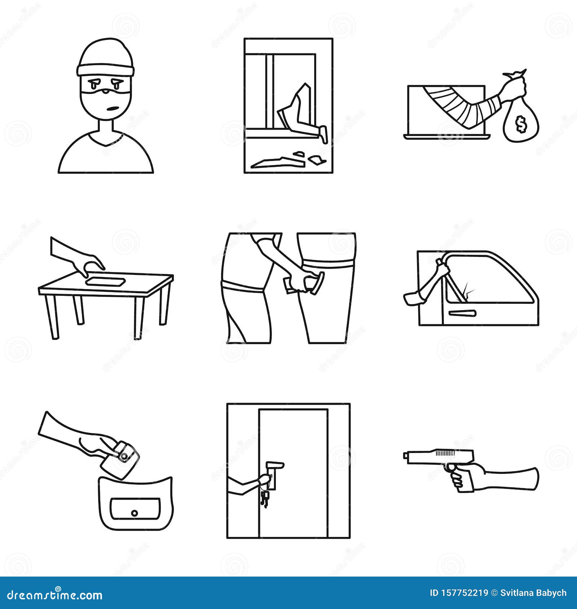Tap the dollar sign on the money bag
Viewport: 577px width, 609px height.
(520, 124)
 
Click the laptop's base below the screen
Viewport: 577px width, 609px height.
(447, 137)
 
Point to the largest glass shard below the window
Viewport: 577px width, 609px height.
(278, 163)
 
